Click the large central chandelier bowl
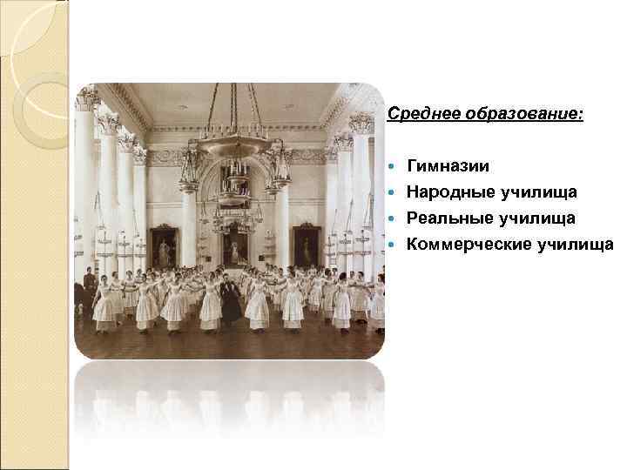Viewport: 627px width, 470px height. [x=233, y=144]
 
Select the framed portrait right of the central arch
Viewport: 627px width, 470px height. [x=306, y=246]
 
